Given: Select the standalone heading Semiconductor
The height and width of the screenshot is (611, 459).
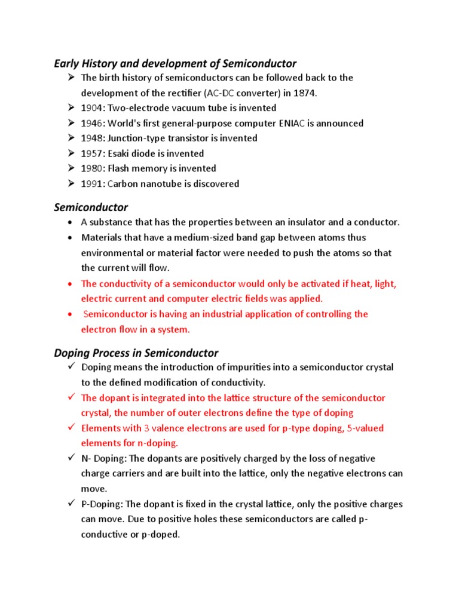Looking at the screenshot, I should tap(91, 208).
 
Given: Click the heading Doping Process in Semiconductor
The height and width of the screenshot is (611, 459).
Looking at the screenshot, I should tap(136, 353).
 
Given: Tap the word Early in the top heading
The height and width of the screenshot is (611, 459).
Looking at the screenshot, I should tap(67, 63).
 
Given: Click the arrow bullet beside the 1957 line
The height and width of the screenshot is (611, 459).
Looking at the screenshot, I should tap(70, 154).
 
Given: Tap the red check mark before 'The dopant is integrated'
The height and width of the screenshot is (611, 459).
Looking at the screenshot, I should tap(70, 397).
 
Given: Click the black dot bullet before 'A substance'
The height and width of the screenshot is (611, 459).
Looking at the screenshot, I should tap(71, 223).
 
